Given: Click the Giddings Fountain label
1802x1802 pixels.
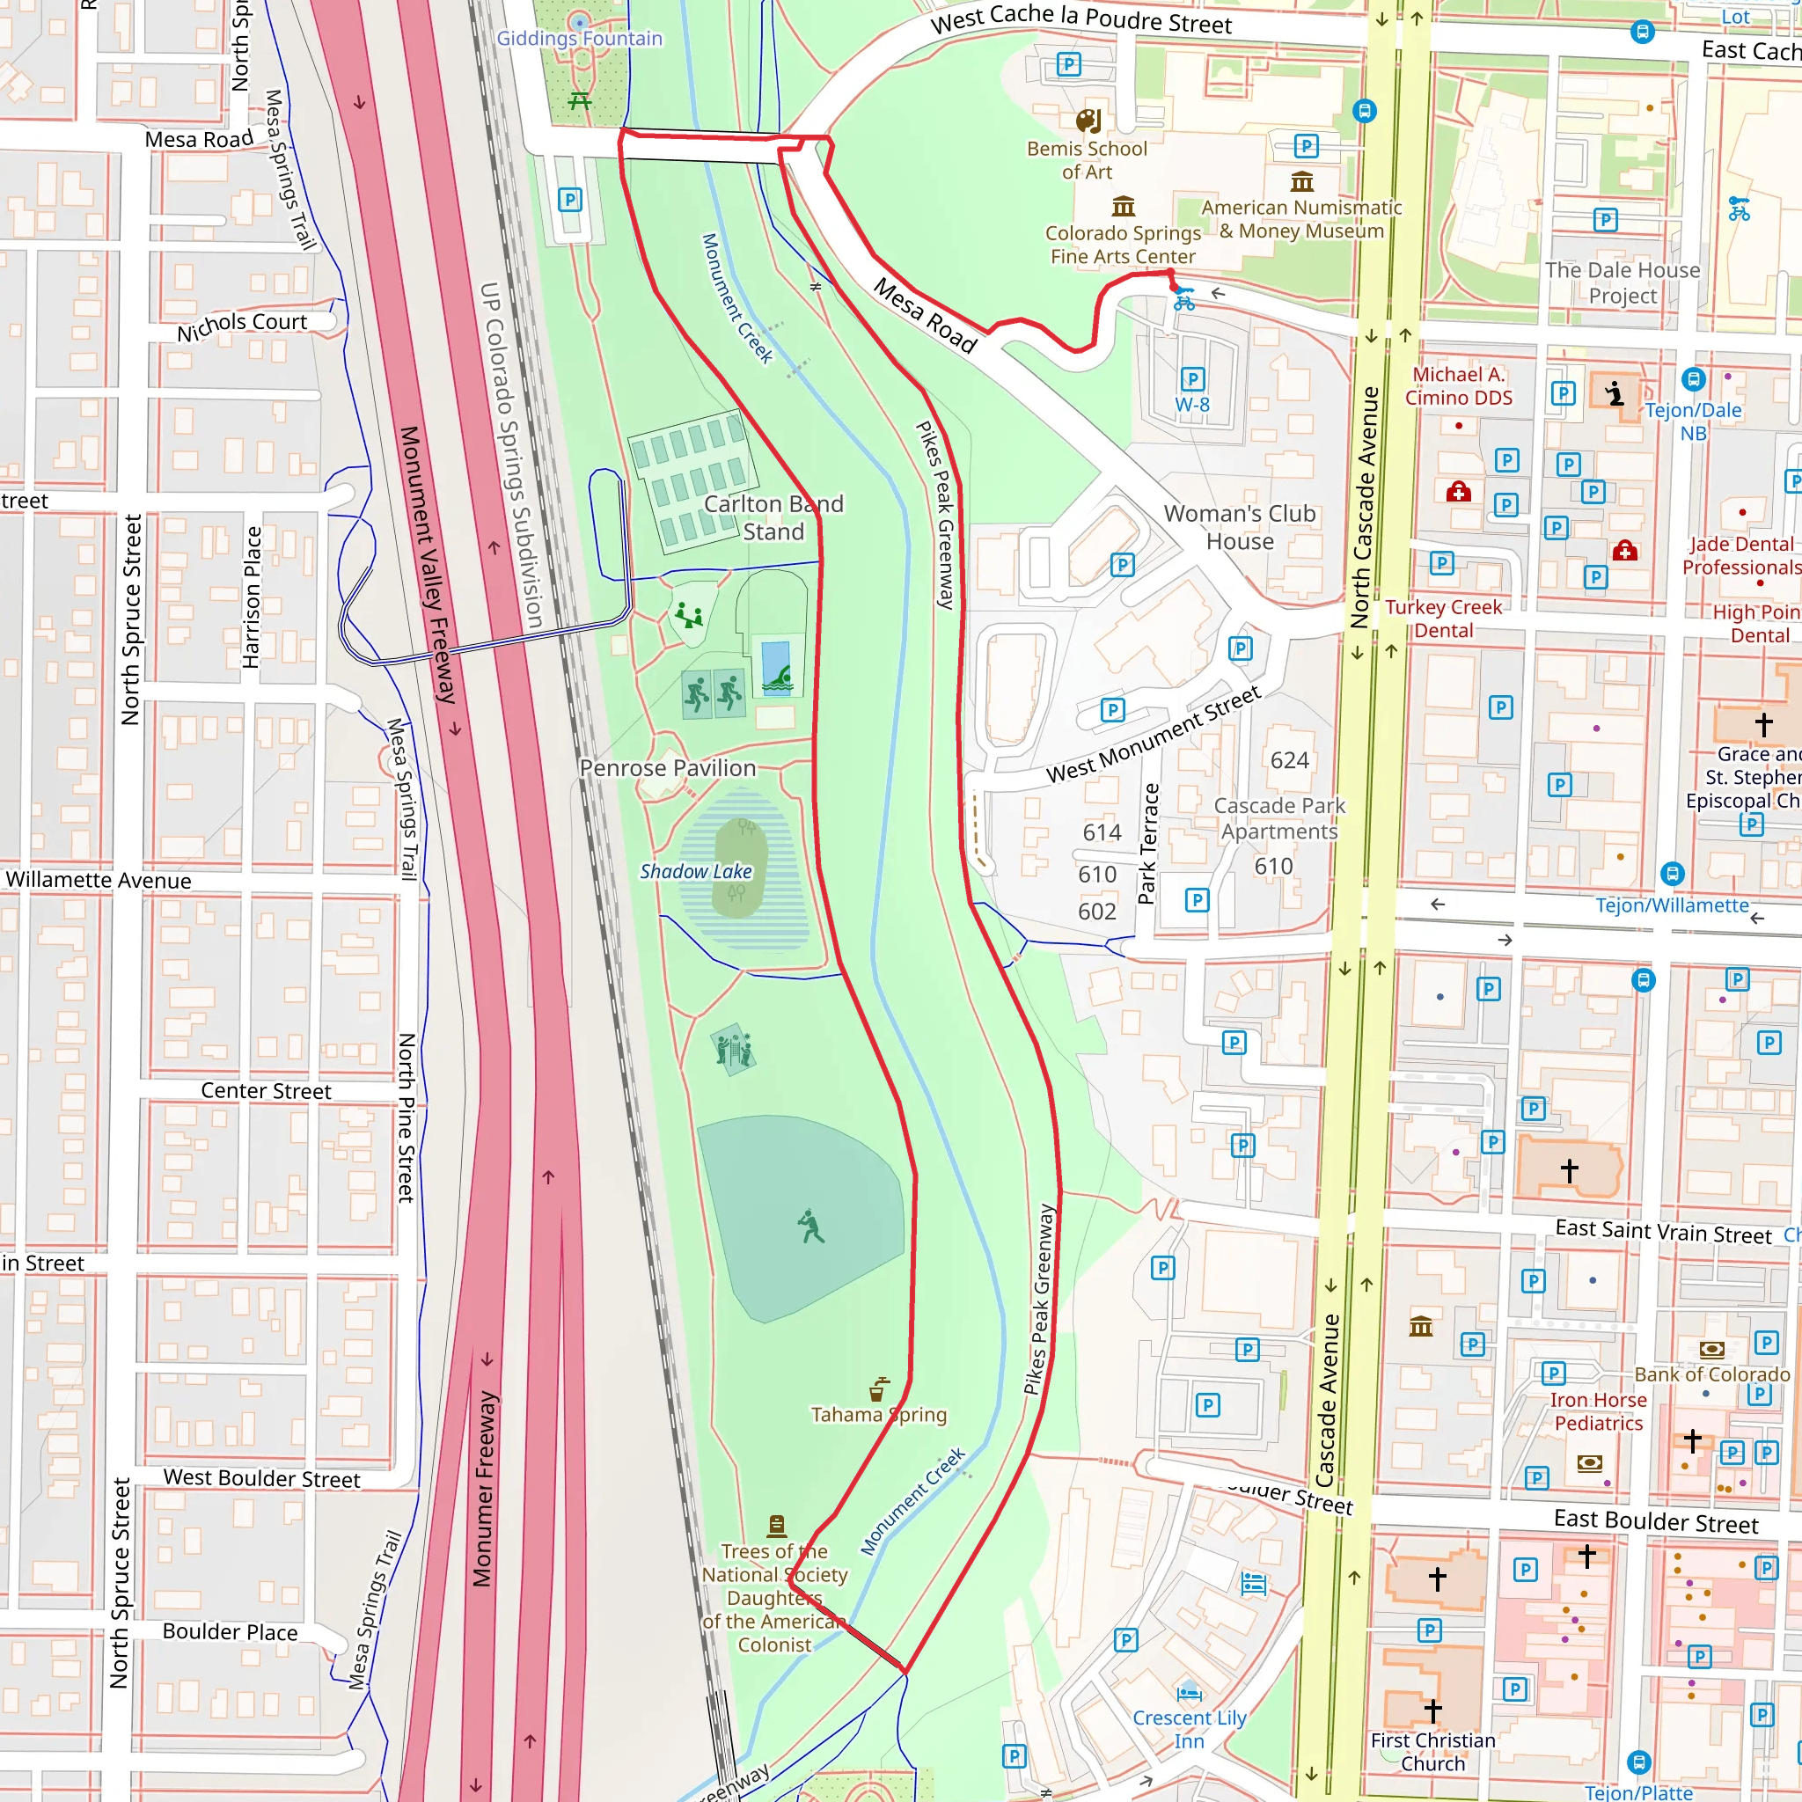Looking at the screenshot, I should pos(579,38).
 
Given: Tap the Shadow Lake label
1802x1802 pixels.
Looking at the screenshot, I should pos(696,871).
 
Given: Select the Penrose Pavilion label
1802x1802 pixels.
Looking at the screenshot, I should pos(668,767).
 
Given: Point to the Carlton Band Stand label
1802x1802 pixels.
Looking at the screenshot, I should pos(773,517).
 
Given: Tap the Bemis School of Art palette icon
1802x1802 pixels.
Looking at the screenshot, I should pos(1088,121).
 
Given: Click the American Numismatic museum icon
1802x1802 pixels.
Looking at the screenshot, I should pos(1302,181).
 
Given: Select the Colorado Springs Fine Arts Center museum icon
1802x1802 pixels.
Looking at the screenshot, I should pos(1124,205).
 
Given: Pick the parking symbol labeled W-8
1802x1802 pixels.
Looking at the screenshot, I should pos(1192,379).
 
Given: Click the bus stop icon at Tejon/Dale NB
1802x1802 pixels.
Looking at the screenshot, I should pos(1694,379).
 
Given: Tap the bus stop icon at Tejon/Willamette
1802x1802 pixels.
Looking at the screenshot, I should pos(1673,874).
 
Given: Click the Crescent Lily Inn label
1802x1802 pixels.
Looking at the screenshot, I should pos(1190,1729).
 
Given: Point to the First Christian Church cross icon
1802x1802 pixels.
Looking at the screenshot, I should pos(1433,1710).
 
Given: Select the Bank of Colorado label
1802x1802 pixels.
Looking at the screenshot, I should pos(1711,1375).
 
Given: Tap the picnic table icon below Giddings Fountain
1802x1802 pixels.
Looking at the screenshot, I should pos(580,99).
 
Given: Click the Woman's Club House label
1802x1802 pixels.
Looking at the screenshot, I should pos(1240,527).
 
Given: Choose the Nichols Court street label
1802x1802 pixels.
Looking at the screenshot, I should pos(242,326).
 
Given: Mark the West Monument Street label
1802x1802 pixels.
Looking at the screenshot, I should pos(1153,734).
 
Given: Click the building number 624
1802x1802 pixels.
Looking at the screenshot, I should pos(1289,760).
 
